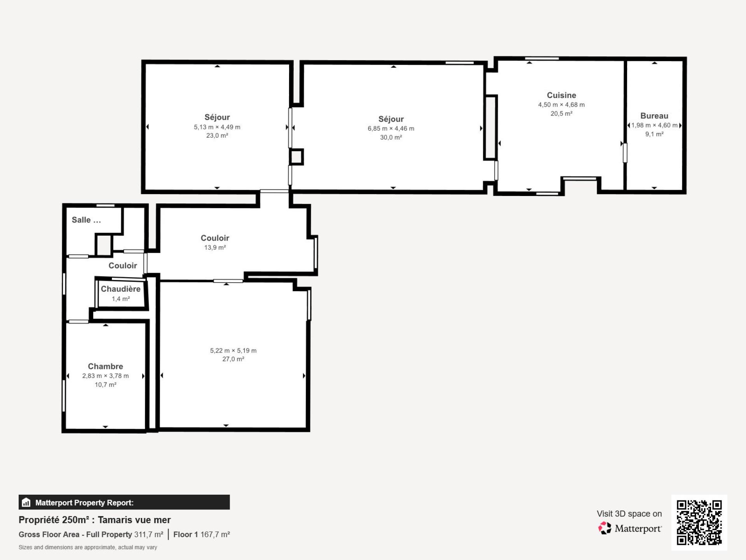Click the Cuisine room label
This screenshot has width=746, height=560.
[x=561, y=95]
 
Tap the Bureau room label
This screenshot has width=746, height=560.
[x=654, y=116]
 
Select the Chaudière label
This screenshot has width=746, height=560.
[x=120, y=289]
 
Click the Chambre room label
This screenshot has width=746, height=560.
[x=105, y=366]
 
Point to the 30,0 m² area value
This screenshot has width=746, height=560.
[x=391, y=137]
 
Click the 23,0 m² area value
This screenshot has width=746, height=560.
[x=217, y=136]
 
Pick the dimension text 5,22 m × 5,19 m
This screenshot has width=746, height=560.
[x=233, y=350]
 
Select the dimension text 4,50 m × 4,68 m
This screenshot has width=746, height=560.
[x=561, y=105]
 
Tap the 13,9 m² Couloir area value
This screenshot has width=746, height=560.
[x=215, y=247]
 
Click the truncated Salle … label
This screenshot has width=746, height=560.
[x=86, y=220]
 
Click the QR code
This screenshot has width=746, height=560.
[x=699, y=523]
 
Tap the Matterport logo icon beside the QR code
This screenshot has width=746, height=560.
[x=605, y=528]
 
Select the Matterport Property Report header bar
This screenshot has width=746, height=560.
[x=124, y=502]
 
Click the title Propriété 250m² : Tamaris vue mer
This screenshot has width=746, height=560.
[x=95, y=520]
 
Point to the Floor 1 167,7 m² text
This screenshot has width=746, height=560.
[x=202, y=534]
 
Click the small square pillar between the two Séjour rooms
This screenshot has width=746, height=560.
[x=296, y=157]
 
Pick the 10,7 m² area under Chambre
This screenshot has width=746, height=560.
[x=105, y=385]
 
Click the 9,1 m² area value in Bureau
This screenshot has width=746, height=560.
[x=654, y=134]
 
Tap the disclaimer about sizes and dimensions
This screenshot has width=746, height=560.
[x=88, y=547]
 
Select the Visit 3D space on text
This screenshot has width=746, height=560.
[x=629, y=514]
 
